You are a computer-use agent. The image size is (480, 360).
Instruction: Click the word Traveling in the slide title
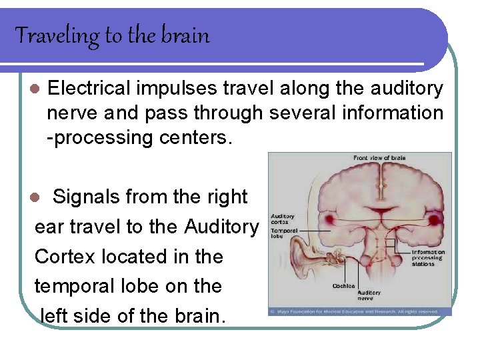pyautogui.click(x=57, y=35)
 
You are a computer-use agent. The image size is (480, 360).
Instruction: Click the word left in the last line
pyautogui.click(x=56, y=315)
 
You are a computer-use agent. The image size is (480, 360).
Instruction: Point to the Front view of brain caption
pyautogui.click(x=379, y=158)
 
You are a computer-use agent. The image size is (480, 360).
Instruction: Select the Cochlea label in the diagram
pyautogui.click(x=343, y=286)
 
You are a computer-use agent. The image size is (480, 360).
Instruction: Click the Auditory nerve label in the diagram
pyautogui.click(x=369, y=295)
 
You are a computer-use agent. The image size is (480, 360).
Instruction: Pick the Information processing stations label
pyautogui.click(x=428, y=257)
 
